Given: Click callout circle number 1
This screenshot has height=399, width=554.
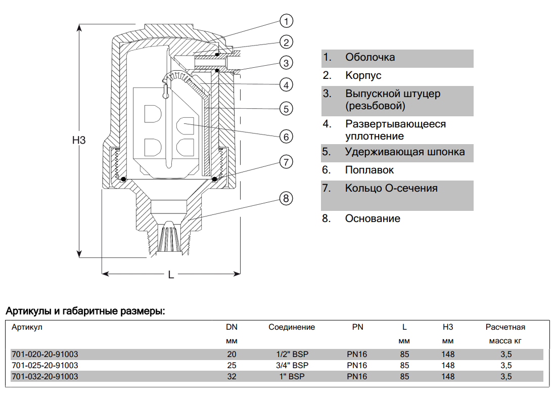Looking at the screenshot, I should (286, 21).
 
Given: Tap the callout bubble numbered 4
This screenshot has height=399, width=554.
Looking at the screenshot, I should (286, 84).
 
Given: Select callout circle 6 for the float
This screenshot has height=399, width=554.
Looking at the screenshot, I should (286, 137).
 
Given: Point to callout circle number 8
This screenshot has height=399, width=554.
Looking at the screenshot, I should (286, 199).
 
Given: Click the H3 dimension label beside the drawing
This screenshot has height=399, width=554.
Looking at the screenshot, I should (79, 141).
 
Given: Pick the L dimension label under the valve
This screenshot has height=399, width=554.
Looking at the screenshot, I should (171, 275).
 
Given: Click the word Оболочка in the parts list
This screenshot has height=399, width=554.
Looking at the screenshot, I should (370, 57).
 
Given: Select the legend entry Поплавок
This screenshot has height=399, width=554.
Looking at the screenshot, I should (369, 170).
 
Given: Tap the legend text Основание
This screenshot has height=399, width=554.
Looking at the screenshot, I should (373, 218).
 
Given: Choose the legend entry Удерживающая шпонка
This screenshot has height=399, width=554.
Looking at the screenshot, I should (405, 152).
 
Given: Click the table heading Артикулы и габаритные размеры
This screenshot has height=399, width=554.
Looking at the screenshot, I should (85, 310).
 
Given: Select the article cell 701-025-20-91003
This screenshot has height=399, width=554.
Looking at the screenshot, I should (44, 365).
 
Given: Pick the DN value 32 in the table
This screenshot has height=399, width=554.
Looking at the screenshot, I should (232, 376).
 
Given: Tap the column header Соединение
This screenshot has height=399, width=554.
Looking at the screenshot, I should (292, 327).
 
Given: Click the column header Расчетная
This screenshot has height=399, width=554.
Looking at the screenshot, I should (505, 327).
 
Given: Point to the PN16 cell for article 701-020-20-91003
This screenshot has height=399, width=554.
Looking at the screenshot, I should (357, 354).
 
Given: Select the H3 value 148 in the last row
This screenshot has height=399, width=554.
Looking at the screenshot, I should (448, 376).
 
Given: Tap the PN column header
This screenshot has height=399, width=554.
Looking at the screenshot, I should (357, 327).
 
